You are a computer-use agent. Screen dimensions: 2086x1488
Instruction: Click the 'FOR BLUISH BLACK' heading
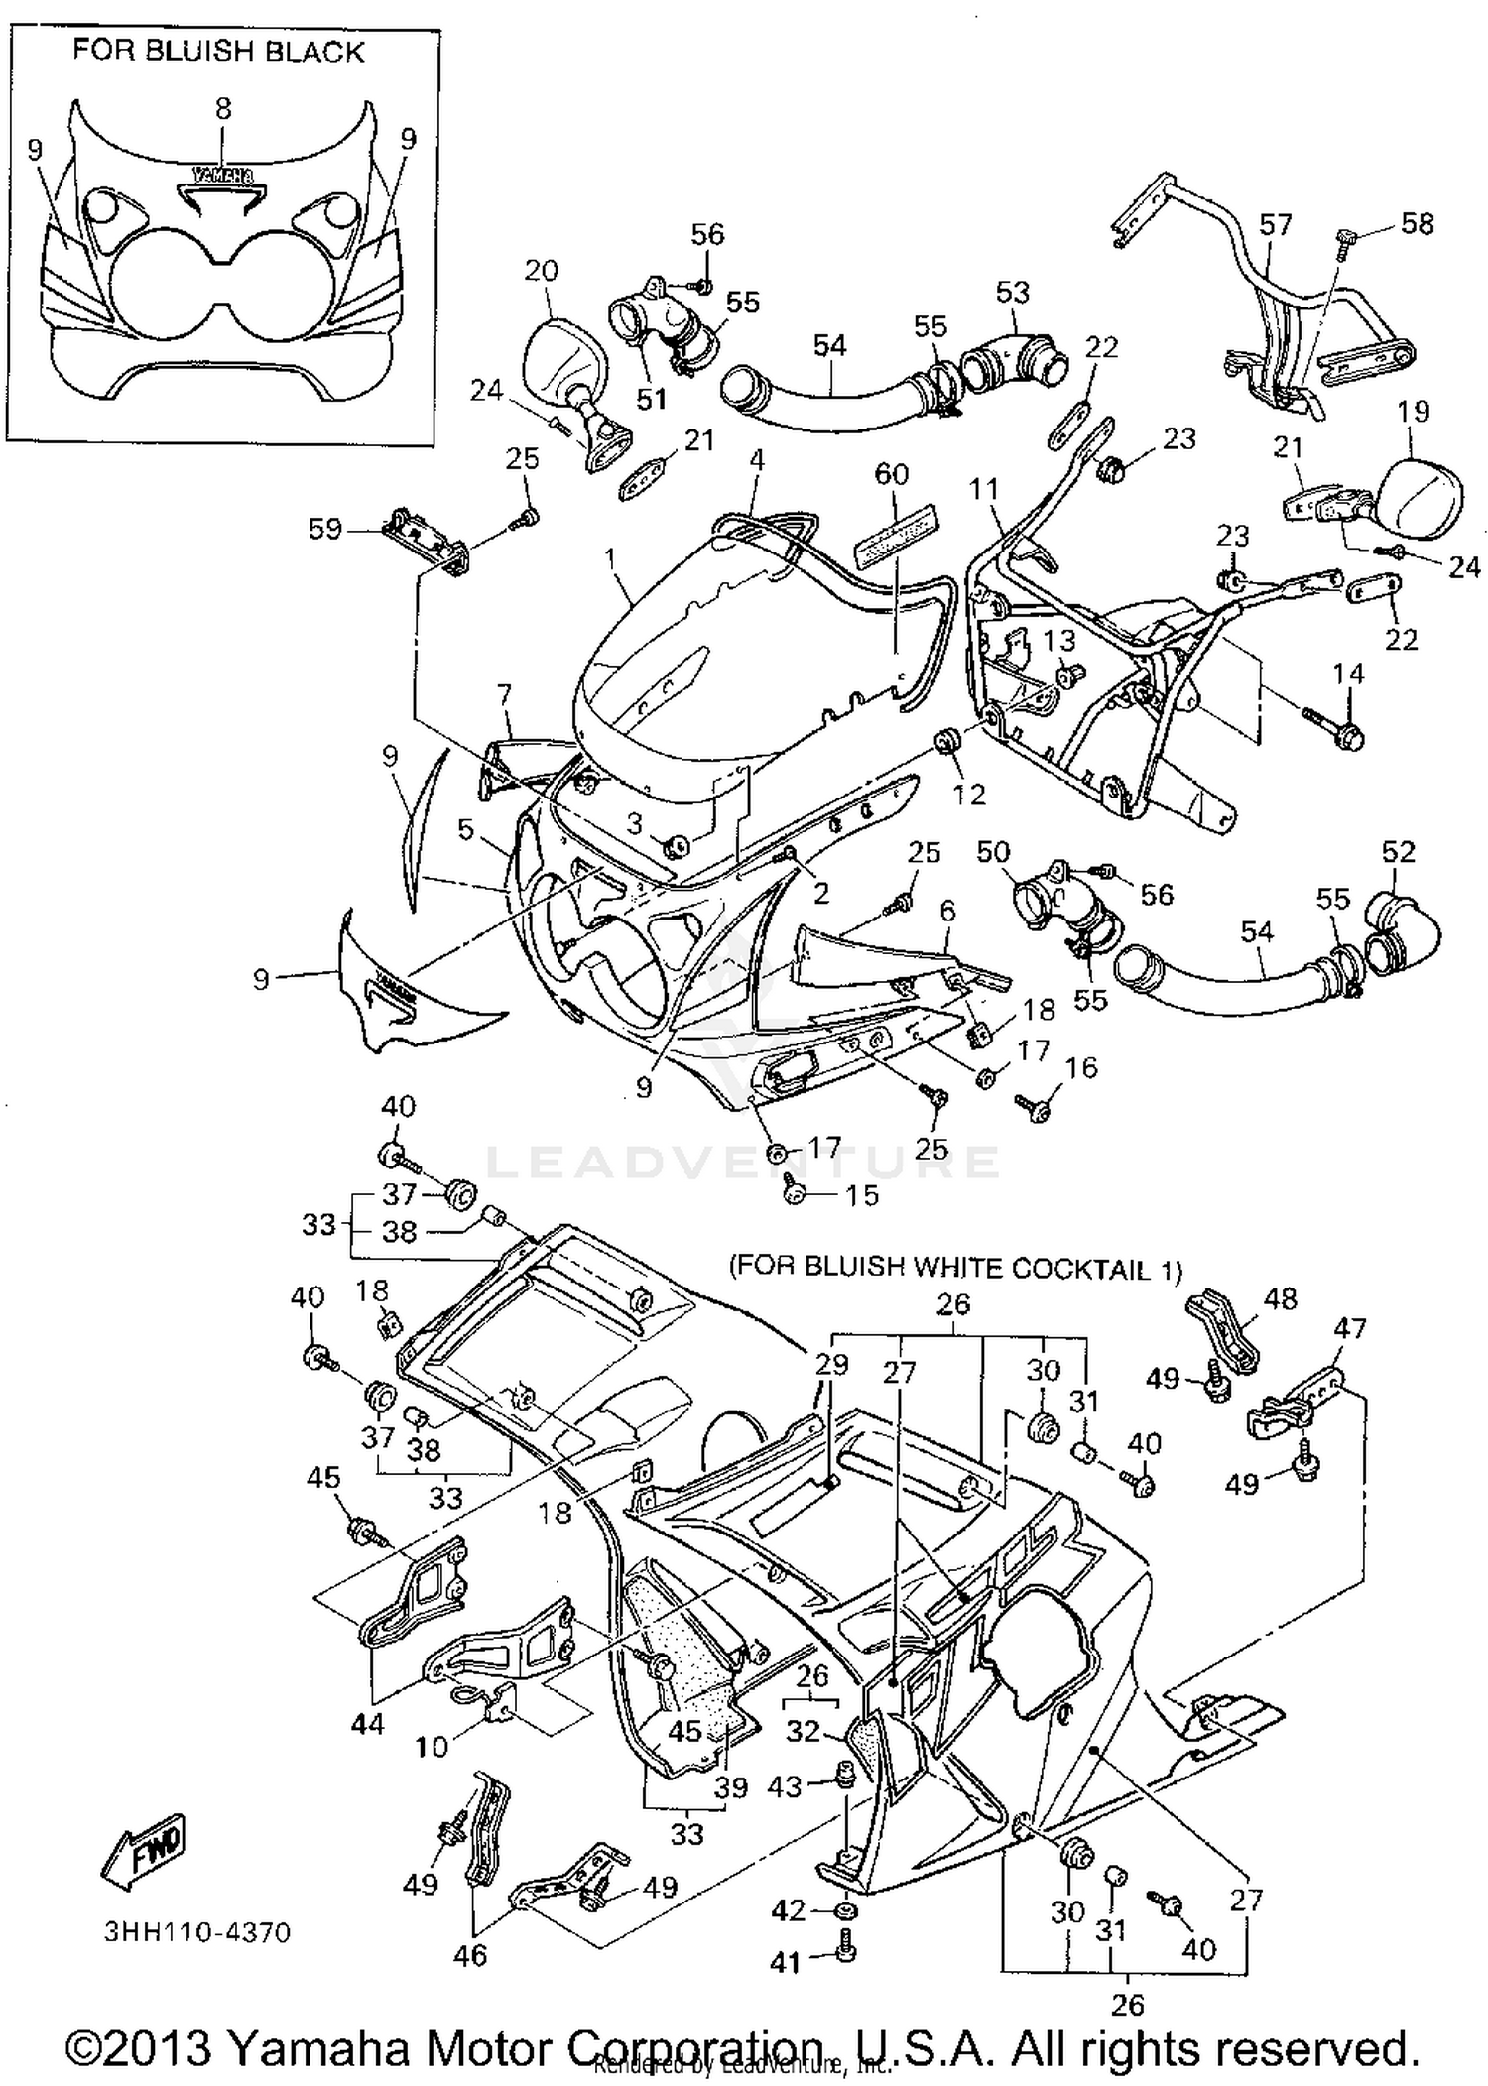tap(218, 52)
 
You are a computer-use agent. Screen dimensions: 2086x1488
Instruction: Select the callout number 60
tap(891, 474)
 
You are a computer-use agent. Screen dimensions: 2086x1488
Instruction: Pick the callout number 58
tap(1417, 224)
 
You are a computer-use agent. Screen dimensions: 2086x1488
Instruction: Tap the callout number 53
tap(1012, 292)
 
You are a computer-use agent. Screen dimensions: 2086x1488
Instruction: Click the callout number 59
tap(324, 529)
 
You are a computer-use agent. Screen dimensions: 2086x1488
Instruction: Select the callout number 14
tap(1348, 674)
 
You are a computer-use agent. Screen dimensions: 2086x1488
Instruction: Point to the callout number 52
tap(1398, 851)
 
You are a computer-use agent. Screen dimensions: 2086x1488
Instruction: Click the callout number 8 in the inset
tap(223, 108)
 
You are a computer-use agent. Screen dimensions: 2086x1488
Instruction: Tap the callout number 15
tap(862, 1195)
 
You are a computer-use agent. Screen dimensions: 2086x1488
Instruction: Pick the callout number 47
tap(1350, 1327)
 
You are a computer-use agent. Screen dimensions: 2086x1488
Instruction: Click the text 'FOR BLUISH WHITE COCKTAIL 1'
tap(955, 1267)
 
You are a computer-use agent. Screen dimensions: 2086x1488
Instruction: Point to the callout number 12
tap(968, 794)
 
